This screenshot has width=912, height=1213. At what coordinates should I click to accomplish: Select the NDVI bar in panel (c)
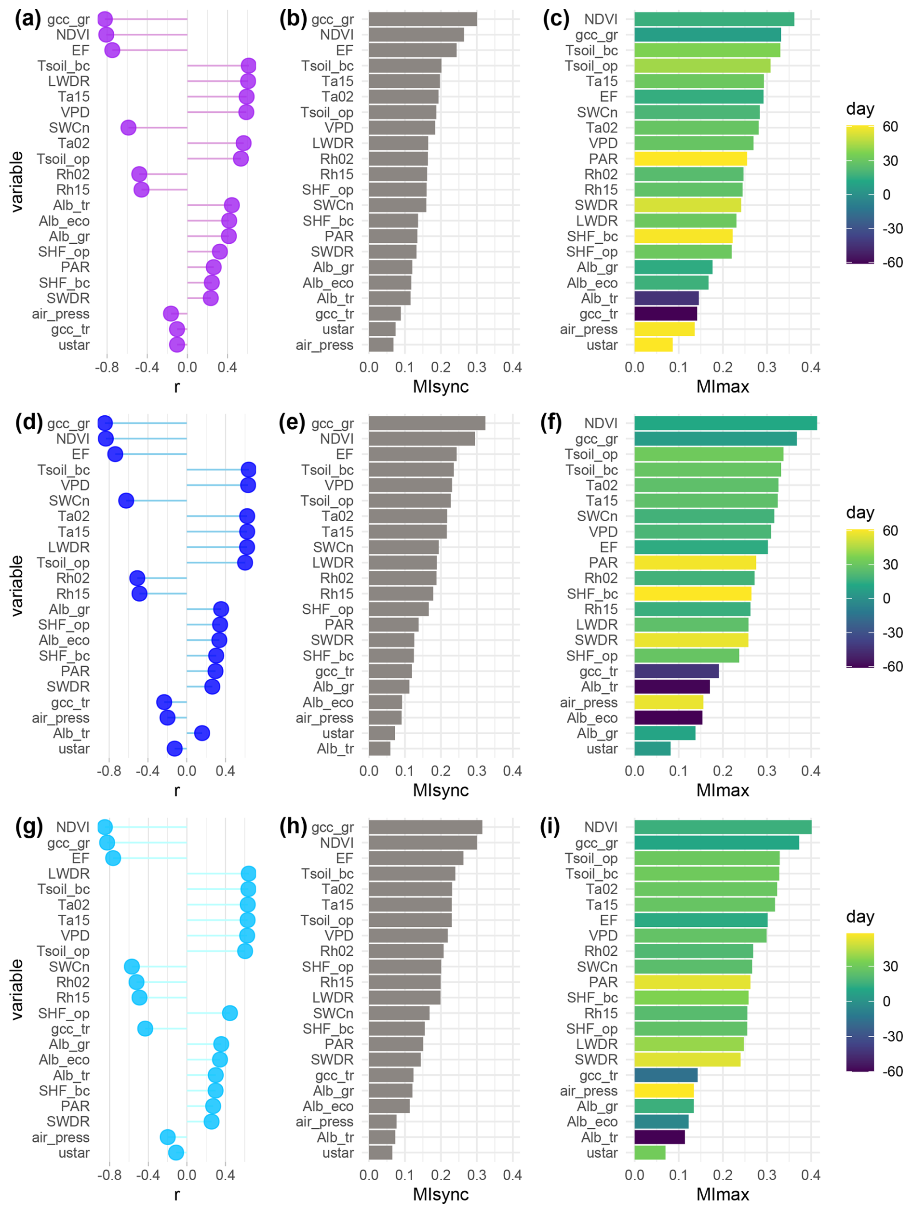click(x=713, y=19)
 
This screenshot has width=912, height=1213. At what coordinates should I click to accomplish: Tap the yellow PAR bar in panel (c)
click(x=690, y=159)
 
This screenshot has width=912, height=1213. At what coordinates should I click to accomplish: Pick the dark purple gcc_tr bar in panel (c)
click(x=665, y=314)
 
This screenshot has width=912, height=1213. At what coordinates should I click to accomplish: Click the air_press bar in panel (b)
click(x=381, y=345)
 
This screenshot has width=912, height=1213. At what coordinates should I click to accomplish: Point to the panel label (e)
click(x=292, y=423)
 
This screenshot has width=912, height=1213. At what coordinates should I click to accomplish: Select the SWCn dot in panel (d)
click(x=126, y=501)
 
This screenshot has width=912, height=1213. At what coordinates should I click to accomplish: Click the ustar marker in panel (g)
click(x=175, y=1153)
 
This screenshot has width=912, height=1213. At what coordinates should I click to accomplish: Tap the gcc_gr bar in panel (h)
click(x=425, y=827)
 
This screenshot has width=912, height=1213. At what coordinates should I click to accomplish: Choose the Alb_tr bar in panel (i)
click(x=659, y=1137)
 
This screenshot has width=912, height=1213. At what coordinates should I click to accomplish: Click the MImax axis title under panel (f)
click(x=722, y=790)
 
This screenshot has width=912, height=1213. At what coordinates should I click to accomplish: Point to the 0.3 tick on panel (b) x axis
click(x=477, y=368)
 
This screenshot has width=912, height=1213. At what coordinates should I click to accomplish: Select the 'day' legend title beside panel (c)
click(x=860, y=108)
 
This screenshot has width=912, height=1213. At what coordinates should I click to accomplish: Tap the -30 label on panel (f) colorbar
click(x=892, y=633)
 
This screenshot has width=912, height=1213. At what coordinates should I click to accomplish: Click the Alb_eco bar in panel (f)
click(x=668, y=718)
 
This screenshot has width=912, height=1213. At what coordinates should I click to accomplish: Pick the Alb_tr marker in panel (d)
click(x=202, y=733)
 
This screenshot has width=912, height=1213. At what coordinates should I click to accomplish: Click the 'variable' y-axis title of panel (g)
click(x=17, y=989)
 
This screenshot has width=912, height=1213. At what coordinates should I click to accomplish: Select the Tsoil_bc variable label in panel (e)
click(x=327, y=470)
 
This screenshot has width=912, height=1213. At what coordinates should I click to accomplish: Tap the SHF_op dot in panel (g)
click(x=230, y=1013)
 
